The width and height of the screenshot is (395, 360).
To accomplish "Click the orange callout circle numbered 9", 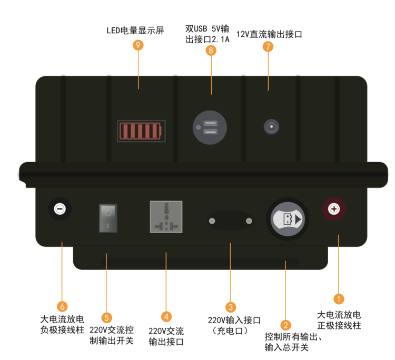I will pos(138,45).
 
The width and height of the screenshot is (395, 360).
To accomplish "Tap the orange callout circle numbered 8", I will pos(211,51).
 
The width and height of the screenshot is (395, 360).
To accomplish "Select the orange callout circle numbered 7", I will pos(268,46).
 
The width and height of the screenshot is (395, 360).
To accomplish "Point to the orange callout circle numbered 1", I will pos(339,299).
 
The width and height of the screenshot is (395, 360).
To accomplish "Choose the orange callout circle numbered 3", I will pos(230,306).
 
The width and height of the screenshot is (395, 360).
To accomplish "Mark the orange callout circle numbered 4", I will pos(166,317).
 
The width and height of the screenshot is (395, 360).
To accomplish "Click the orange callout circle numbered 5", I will pos(107,317).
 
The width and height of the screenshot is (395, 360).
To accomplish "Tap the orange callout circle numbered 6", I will pos(62,306).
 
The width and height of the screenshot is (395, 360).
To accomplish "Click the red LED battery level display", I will pos(141,131).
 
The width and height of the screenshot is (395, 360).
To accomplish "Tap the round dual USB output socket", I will pos(209,127).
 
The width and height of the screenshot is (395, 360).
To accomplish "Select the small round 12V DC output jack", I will pos(271,127).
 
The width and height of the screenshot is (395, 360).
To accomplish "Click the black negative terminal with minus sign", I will pos(60,209).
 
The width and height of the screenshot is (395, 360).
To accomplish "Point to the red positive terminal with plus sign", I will pos(333,209).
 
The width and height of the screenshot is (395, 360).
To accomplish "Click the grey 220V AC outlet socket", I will pos(166,216).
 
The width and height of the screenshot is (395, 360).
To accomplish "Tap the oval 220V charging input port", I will pos(230,220).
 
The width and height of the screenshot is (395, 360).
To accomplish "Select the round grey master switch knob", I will pos(287,219).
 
